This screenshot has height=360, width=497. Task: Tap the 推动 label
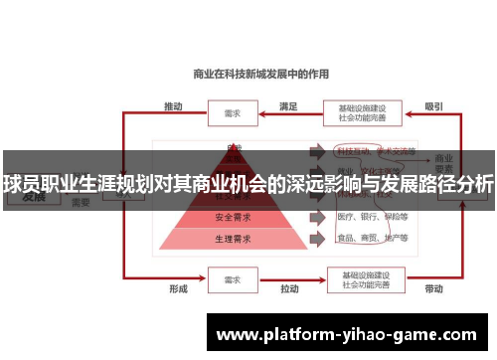pos(173,104)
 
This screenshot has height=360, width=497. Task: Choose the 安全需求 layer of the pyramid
pos(234,217)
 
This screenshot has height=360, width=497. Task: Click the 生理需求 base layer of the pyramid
pos(234,240)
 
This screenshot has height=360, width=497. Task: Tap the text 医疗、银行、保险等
pos(373,217)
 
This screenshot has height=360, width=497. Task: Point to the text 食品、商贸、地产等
pos(373,240)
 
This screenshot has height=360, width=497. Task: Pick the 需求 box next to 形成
pos(233,279)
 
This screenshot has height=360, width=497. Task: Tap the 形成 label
pos(177,289)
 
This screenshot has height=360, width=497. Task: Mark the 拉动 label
pos(289,289)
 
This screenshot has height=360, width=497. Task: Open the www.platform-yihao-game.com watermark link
pos(352,335)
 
